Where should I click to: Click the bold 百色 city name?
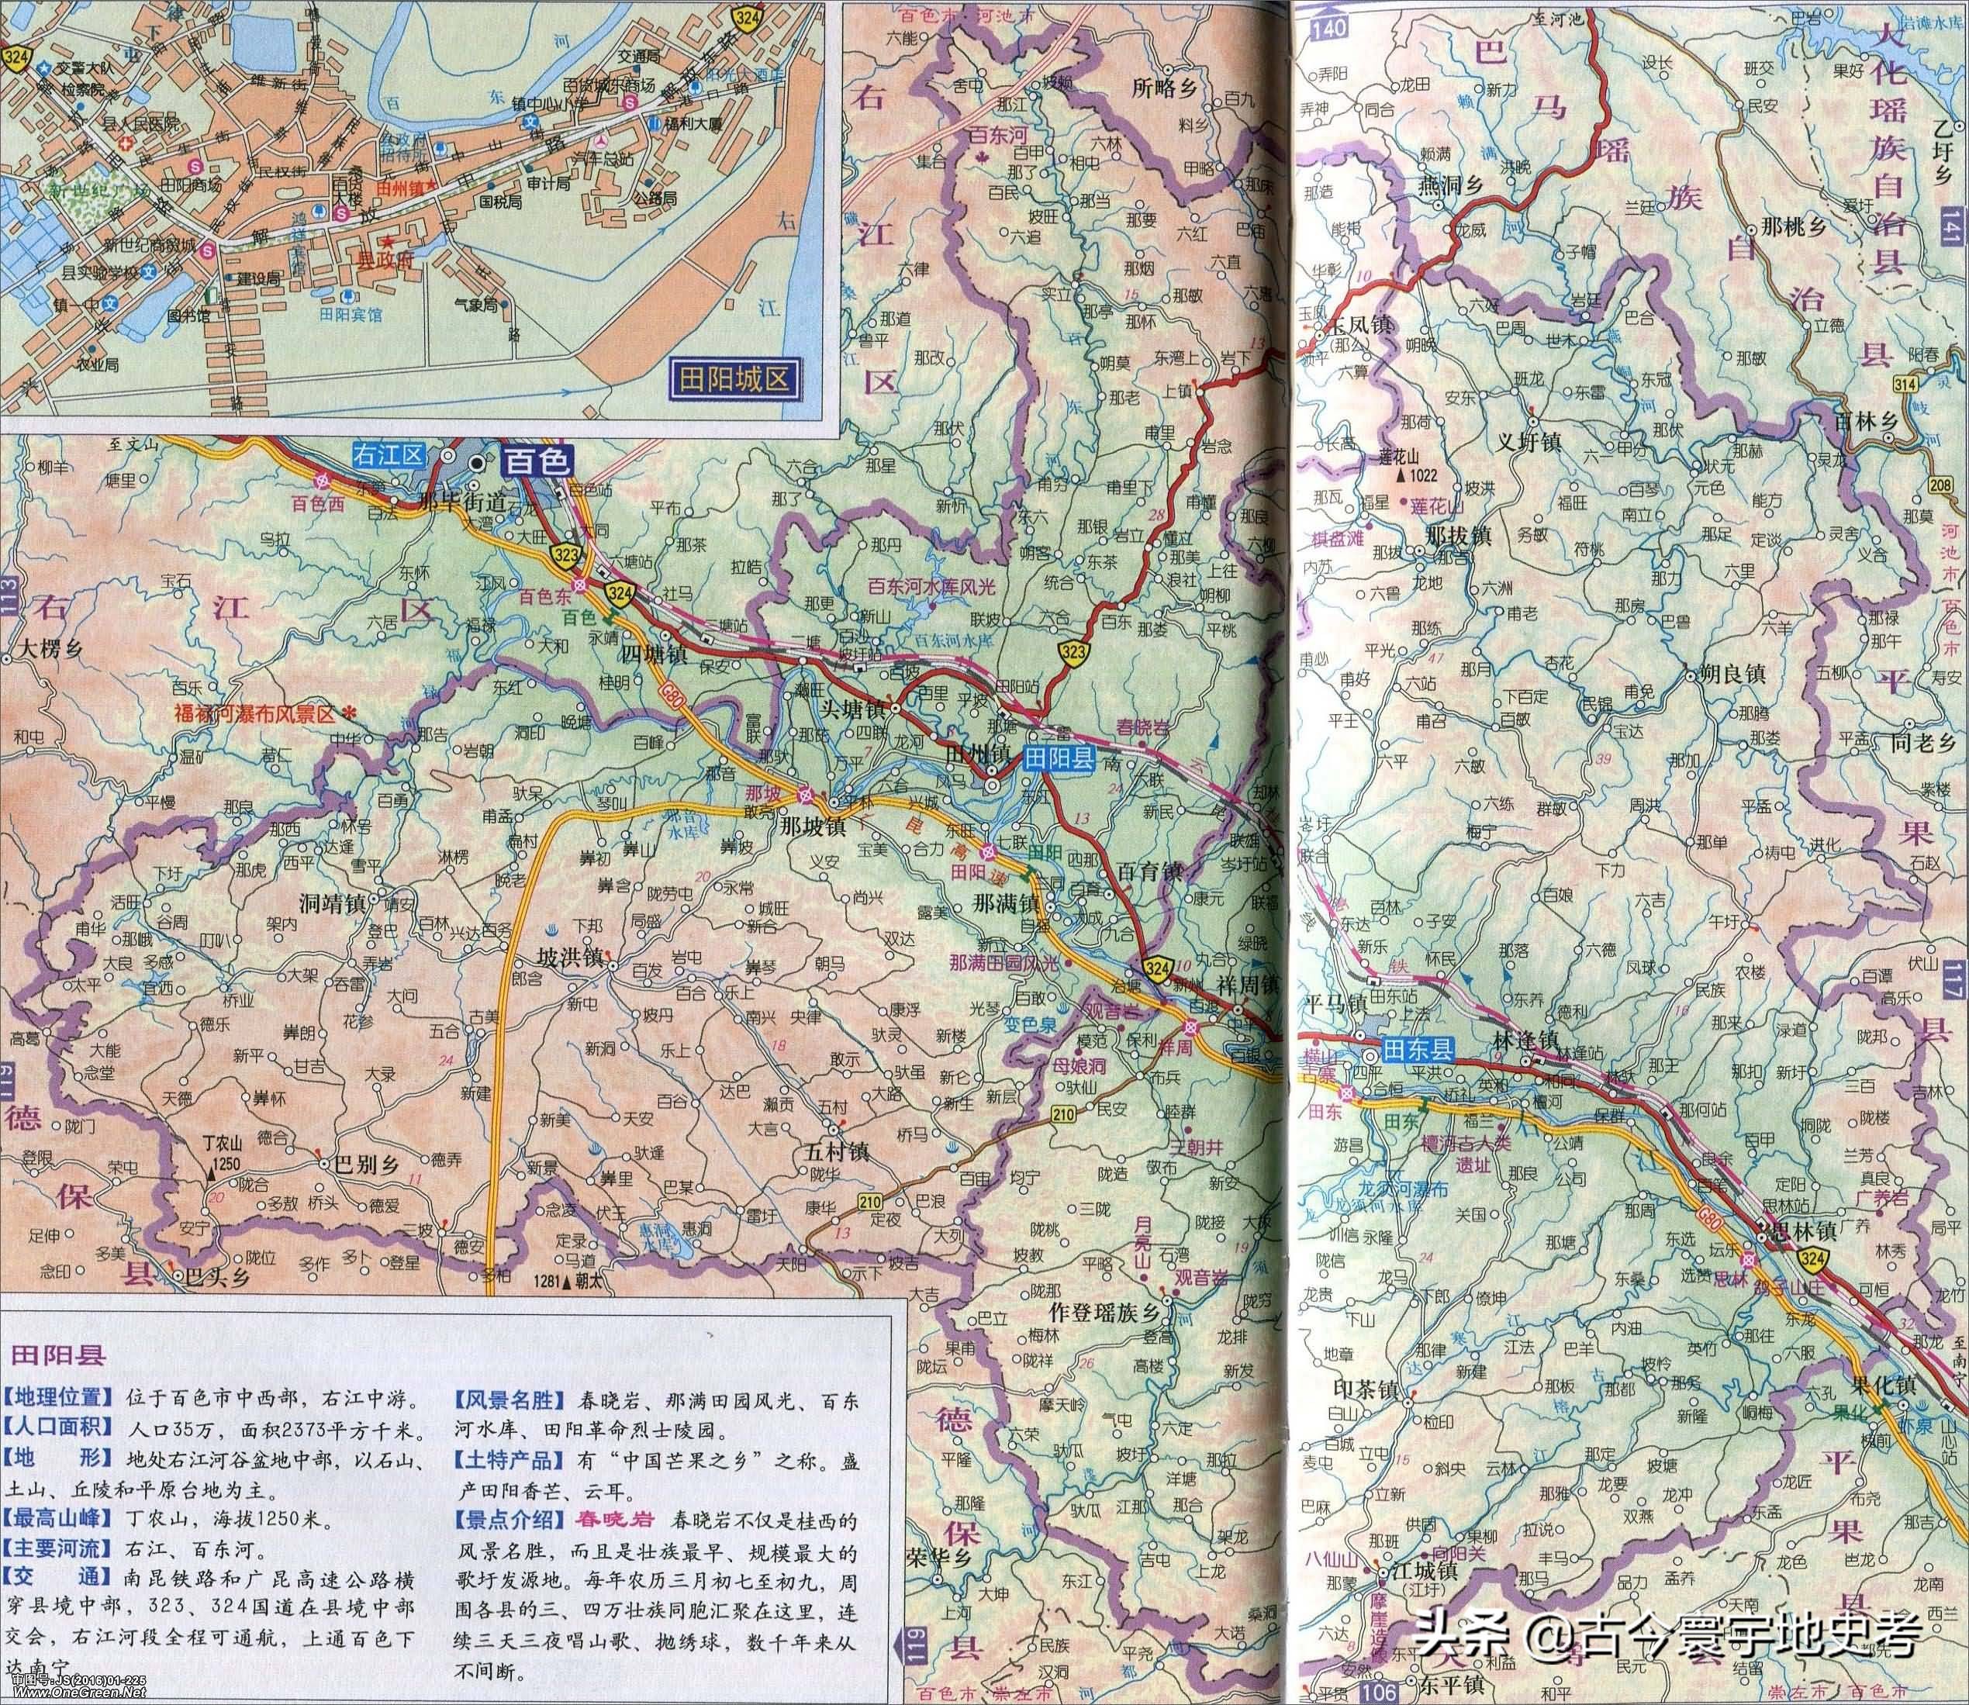pyautogui.click(x=536, y=461)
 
